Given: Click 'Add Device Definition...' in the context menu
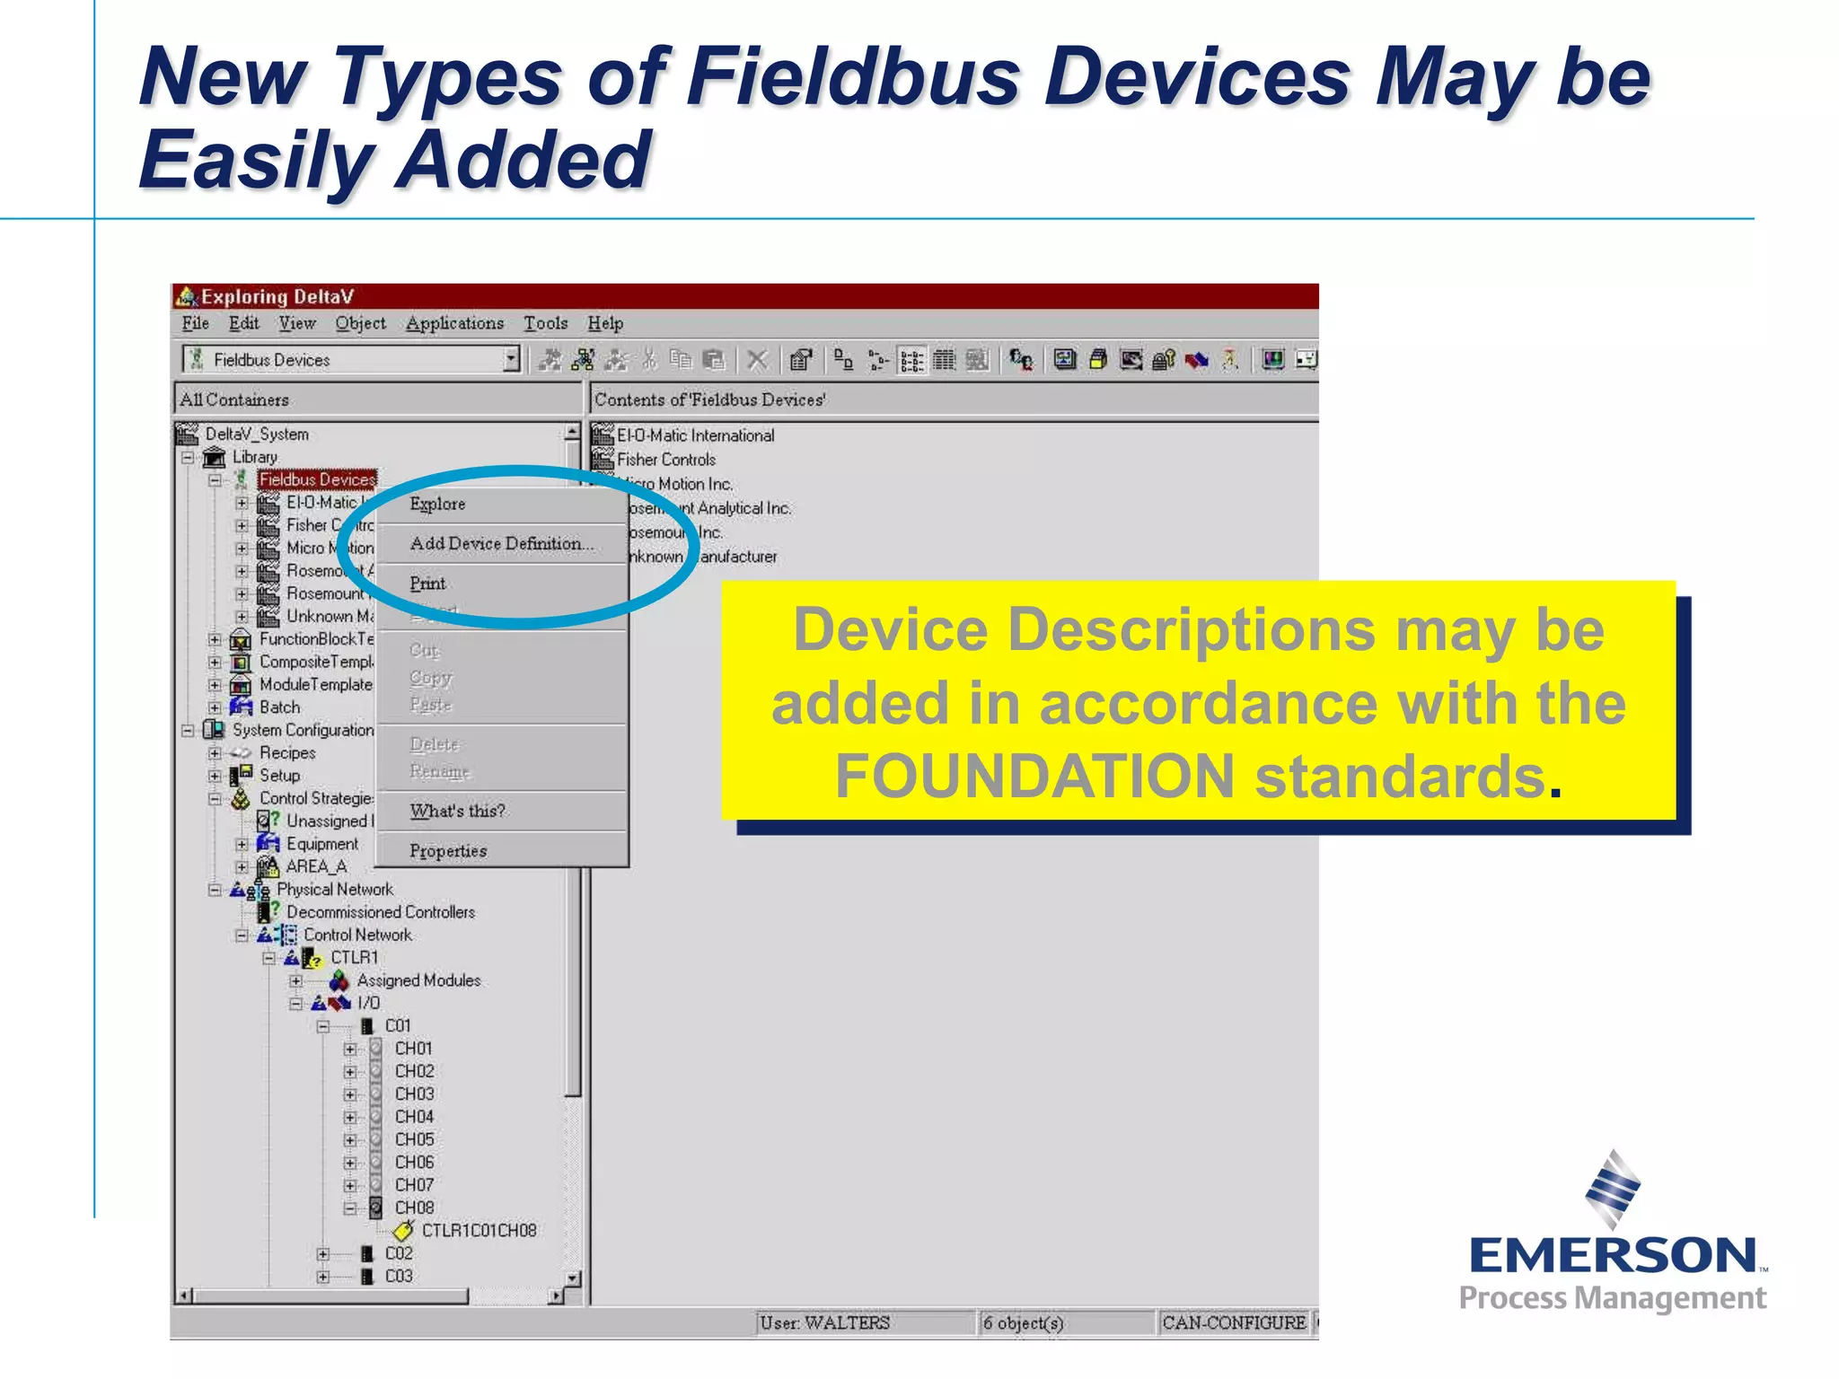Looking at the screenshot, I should (501, 544).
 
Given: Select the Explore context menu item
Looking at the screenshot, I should (437, 505).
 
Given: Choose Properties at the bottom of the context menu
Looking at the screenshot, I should (448, 851).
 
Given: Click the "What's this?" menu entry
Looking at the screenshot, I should (457, 812).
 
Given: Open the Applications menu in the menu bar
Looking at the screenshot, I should (454, 324).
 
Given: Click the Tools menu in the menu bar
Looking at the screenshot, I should (545, 324).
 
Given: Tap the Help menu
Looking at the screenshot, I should (605, 324).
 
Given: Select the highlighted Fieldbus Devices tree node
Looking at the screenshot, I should (317, 480).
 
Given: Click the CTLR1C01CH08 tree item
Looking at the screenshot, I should (479, 1231).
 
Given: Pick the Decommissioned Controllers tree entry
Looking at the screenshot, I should (380, 912).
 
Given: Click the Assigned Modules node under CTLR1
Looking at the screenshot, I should (418, 980).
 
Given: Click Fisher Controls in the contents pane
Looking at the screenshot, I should (665, 460).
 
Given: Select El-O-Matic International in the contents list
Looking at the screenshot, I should (695, 435).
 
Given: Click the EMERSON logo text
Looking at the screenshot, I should (1613, 1256).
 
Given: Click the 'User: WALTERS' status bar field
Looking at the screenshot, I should (824, 1323).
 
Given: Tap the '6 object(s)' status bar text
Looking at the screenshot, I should (1023, 1323).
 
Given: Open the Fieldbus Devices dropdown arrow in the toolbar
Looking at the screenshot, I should (511, 360).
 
